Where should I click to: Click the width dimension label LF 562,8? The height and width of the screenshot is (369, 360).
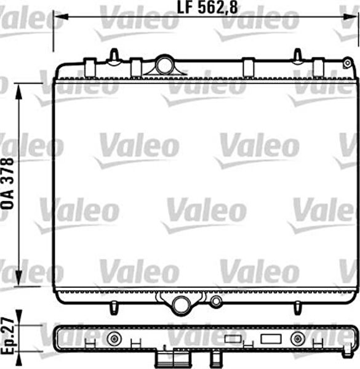pos(207,7)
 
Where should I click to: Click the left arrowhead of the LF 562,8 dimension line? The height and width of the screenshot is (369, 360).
pos(60,17)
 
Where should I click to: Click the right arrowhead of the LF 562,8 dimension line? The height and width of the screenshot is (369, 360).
pos(350,17)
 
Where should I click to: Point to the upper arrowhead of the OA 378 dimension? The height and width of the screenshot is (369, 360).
pos(18,91)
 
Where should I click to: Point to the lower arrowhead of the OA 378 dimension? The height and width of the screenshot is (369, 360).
pos(18,279)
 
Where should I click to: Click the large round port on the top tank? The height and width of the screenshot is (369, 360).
pos(164,65)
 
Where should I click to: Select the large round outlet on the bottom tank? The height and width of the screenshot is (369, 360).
pos(182,305)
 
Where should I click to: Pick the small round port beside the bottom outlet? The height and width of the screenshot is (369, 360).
pos(215,301)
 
